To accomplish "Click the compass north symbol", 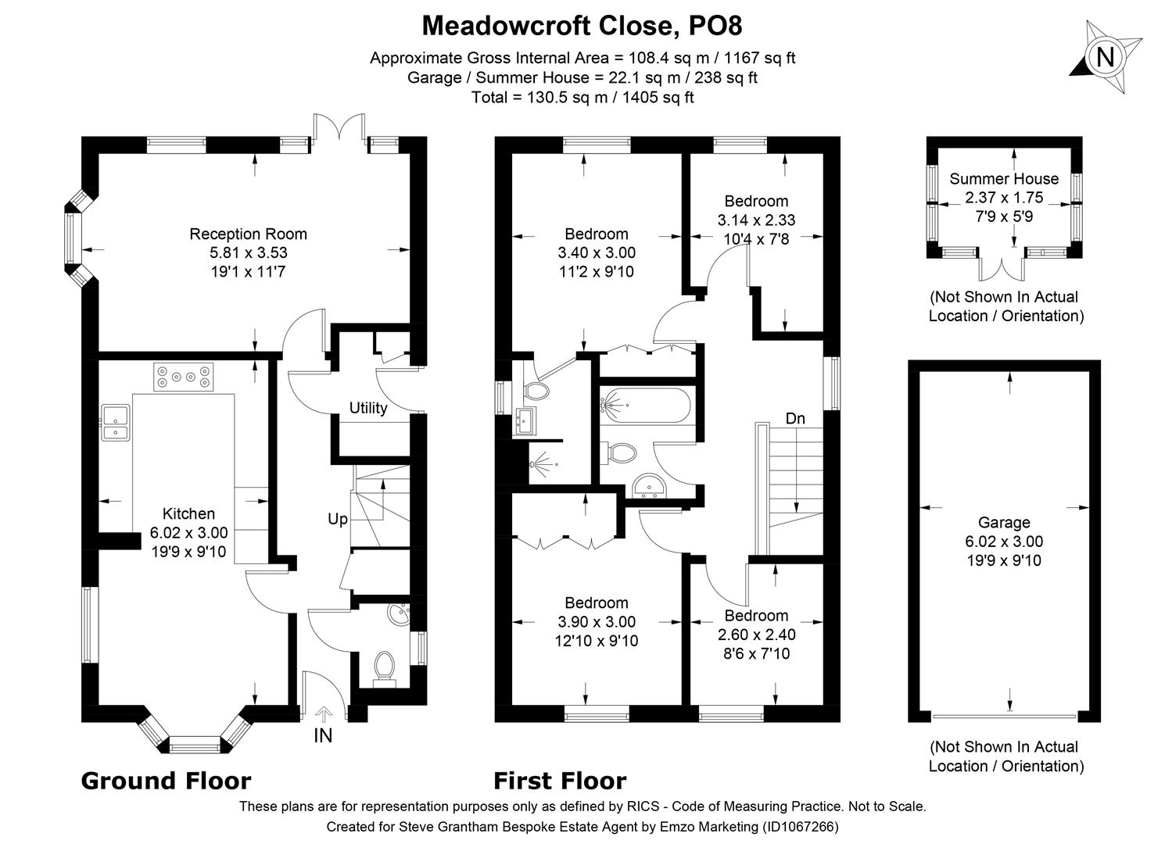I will pos(1105,58).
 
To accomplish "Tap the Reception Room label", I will pos(248,234).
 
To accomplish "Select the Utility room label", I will pos(367,408).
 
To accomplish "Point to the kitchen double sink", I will pos(115,422).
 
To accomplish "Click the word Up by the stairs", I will pos(337,519).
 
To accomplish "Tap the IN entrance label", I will pos(323,735).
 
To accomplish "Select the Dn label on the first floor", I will pos(795,419).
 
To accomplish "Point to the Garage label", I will pos(1004,523).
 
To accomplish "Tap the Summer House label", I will pos(1004,179).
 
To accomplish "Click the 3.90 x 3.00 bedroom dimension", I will pos(596,622).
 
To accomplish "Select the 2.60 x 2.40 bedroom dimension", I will pos(756,635).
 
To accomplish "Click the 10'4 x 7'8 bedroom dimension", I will pos(756,239).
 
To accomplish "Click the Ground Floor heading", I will pos(166,781).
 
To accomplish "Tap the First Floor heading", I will pos(559,781).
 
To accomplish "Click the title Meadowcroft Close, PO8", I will pos(582,26).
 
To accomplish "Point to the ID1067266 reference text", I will pos(801,826).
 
